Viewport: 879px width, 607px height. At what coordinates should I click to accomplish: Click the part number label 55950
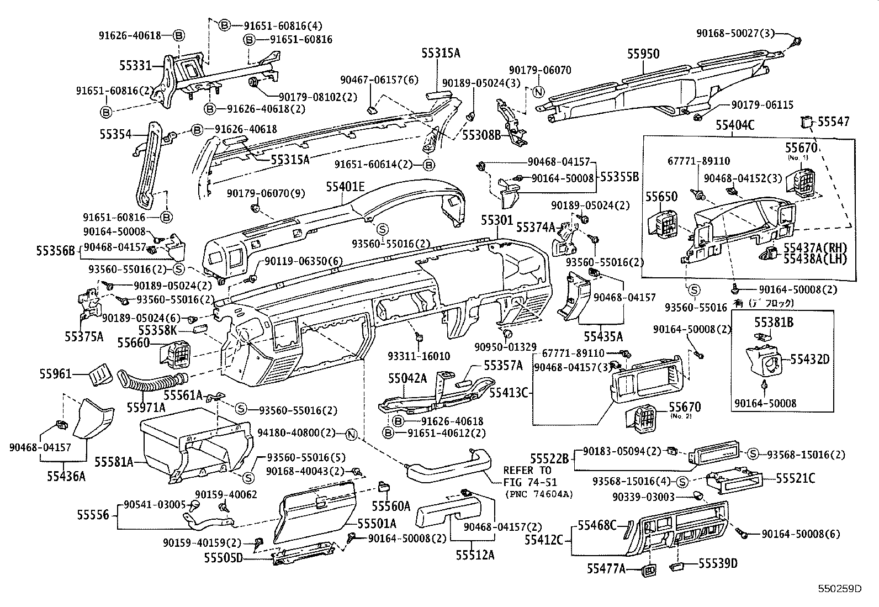pyautogui.click(x=643, y=54)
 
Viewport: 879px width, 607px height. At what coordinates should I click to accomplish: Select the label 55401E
pyautogui.click(x=345, y=187)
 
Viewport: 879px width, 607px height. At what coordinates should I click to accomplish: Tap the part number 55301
pyautogui.click(x=497, y=220)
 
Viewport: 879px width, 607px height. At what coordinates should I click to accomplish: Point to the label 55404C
pyautogui.click(x=735, y=125)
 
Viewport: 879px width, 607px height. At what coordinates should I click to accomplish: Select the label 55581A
pyautogui.click(x=114, y=461)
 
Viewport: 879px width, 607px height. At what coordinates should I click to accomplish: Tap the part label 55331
pyautogui.click(x=135, y=65)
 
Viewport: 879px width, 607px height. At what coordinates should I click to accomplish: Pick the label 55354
pyautogui.click(x=116, y=134)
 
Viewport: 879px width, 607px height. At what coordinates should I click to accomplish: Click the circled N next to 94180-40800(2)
pyautogui.click(x=350, y=434)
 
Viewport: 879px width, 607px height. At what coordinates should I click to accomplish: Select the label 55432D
pyautogui.click(x=809, y=360)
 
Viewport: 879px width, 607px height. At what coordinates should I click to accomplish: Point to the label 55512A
pyautogui.click(x=475, y=554)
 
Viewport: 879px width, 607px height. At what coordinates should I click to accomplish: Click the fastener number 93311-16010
pyautogui.click(x=426, y=357)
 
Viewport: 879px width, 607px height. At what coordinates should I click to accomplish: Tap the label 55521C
pyautogui.click(x=796, y=478)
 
